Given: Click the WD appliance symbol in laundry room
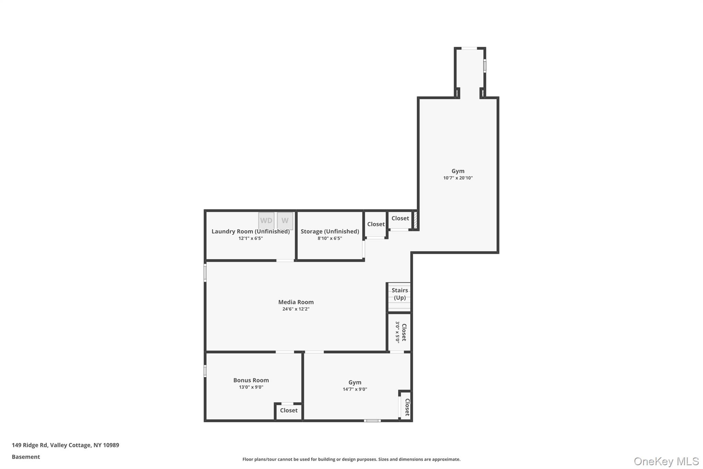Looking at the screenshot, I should click(x=266, y=221).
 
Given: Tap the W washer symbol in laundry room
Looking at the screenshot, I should click(x=285, y=221).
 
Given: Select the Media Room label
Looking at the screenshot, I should click(x=296, y=302).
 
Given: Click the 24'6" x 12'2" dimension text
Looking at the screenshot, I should click(x=296, y=309).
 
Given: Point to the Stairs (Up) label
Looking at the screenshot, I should click(x=400, y=294).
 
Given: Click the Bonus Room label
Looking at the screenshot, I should click(x=251, y=380).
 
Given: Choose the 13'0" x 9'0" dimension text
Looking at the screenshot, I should click(x=251, y=387).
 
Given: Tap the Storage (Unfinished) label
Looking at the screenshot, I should click(x=330, y=231).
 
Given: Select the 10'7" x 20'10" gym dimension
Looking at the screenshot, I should click(x=458, y=178).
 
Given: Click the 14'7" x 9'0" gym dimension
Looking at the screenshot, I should click(x=355, y=389).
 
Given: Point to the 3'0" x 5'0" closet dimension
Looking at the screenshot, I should click(x=397, y=332).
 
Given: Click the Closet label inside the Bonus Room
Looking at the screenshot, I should click(x=289, y=410).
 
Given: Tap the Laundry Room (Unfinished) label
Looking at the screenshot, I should click(x=251, y=231).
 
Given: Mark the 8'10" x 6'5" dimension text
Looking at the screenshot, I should click(x=330, y=238).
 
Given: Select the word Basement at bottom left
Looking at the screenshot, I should click(x=26, y=457).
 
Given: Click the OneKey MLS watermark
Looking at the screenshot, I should click(x=666, y=461).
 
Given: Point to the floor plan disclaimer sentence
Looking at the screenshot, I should click(x=351, y=459).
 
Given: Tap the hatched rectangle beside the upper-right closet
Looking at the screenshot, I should click(x=415, y=220).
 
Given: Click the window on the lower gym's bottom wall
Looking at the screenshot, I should click(x=372, y=421).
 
